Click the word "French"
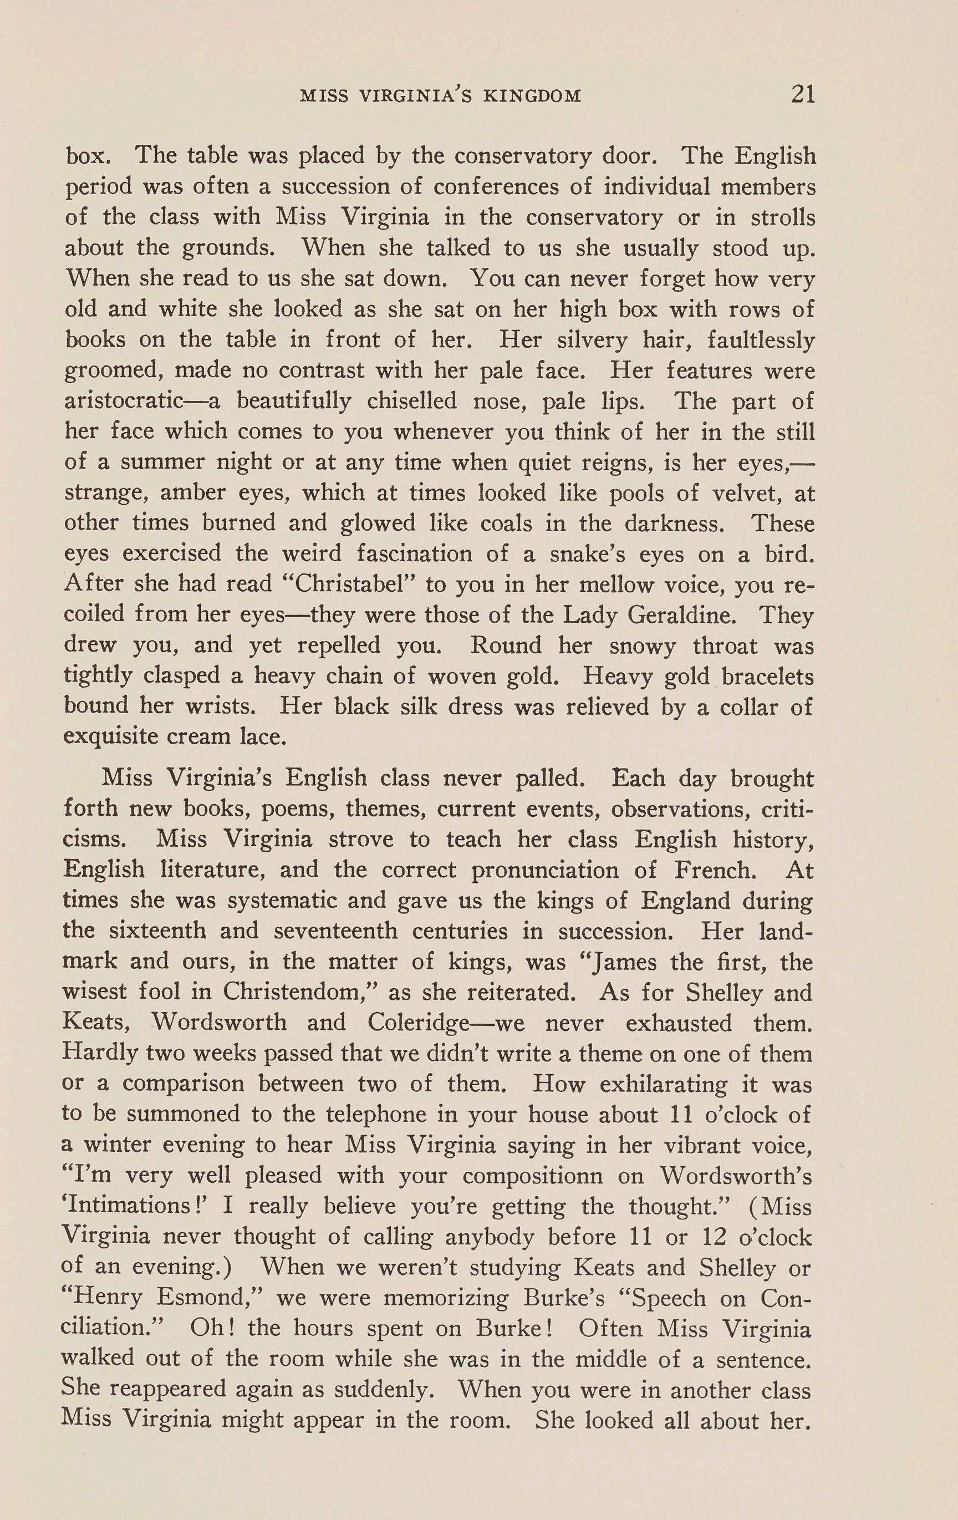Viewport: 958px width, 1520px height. click(714, 871)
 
